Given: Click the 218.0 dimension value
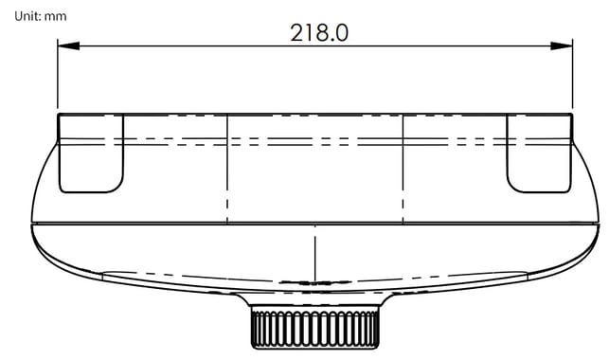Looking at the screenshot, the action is (319, 32).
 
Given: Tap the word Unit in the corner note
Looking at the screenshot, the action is (27, 16).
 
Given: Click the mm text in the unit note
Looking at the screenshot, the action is (55, 17).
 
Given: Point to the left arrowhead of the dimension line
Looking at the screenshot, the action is (68, 45).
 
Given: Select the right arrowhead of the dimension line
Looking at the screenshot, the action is (562, 45).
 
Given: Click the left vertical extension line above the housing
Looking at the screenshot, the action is (58, 74).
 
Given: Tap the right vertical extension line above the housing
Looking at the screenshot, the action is (572, 74).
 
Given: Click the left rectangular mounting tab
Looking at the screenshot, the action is (91, 153).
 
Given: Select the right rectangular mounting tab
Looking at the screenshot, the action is (540, 153).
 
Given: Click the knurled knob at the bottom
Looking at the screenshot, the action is (315, 327).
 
